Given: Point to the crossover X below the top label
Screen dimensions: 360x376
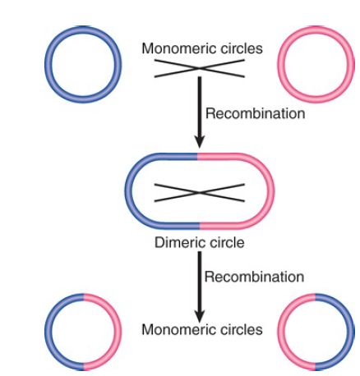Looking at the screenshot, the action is (200, 68).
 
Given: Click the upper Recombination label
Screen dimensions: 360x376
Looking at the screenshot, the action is (255, 113).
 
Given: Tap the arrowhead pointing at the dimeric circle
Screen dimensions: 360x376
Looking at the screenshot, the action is (200, 141).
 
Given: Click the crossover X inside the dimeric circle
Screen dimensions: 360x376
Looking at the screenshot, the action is (200, 193).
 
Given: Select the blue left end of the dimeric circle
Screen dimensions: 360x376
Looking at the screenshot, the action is (129, 191).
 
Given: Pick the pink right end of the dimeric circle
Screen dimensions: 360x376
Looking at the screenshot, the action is (270, 191).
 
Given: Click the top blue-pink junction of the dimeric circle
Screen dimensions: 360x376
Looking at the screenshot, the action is (198, 157).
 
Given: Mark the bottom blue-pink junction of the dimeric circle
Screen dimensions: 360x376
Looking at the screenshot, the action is (200, 226).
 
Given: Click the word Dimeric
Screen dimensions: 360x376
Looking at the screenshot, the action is (178, 242).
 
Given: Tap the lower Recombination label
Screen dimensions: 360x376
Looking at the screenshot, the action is (254, 277).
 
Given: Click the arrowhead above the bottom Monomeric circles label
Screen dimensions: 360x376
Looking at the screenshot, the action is (200, 316).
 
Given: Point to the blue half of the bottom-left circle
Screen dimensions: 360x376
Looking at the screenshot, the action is (48, 332).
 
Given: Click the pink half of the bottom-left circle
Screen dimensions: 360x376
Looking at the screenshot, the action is (118, 332).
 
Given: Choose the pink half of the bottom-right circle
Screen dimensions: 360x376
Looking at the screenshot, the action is (281, 332).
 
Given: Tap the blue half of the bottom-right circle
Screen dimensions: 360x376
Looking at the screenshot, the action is (351, 332).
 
